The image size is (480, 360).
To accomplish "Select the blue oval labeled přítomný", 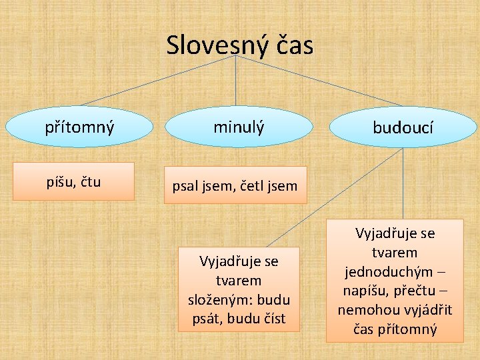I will (x=79, y=126).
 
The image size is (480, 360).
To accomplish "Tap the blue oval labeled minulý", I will (x=239, y=126).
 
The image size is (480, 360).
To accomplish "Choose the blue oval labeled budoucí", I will (x=403, y=127).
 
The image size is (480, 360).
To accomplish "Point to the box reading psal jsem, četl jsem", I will (x=235, y=185).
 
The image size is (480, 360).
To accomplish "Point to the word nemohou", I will (x=365, y=310).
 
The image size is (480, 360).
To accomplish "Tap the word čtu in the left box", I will (x=90, y=181).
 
